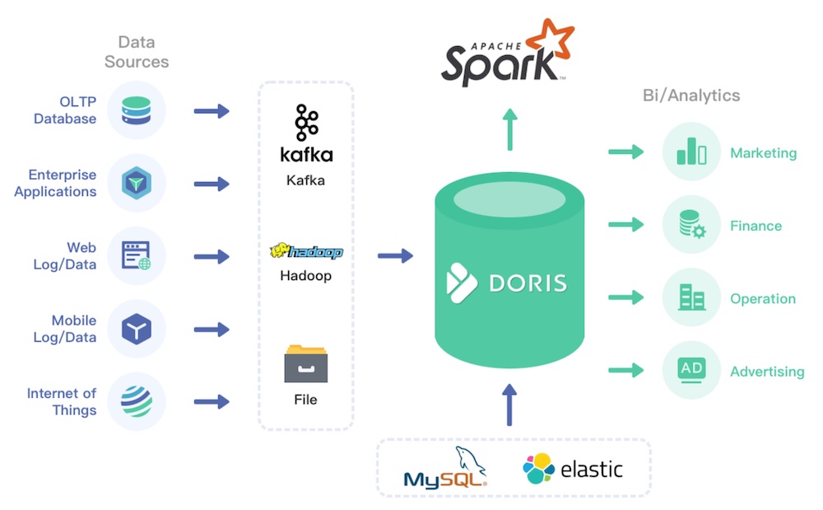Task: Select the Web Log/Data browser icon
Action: [x=137, y=256]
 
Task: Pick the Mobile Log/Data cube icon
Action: [x=137, y=329]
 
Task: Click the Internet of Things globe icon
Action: [x=137, y=401]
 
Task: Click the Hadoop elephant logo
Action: [x=306, y=251]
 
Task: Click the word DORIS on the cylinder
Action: [x=528, y=283]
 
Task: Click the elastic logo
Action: [x=573, y=469]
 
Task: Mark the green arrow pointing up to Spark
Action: [x=510, y=129]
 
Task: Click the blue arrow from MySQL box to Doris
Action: [x=510, y=404]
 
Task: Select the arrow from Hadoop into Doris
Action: [x=395, y=256]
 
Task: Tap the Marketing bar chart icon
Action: [x=691, y=153]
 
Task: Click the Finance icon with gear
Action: [x=691, y=225]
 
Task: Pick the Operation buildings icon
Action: [x=691, y=297]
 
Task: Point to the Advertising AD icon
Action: [x=691, y=370]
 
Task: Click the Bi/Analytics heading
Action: [x=691, y=96]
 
